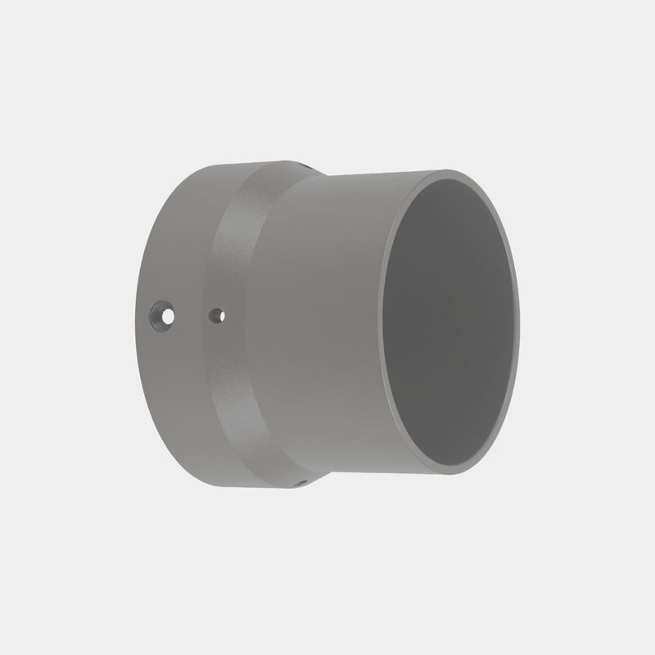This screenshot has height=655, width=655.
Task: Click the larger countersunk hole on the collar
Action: point(163,314)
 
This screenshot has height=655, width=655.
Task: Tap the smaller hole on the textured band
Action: point(216,314)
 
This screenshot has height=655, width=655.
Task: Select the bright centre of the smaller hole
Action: point(216,313)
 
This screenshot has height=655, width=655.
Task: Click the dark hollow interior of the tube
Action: point(450,327)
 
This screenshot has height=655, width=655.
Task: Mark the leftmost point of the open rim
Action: point(383,327)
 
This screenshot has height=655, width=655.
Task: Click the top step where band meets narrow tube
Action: point(315,172)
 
